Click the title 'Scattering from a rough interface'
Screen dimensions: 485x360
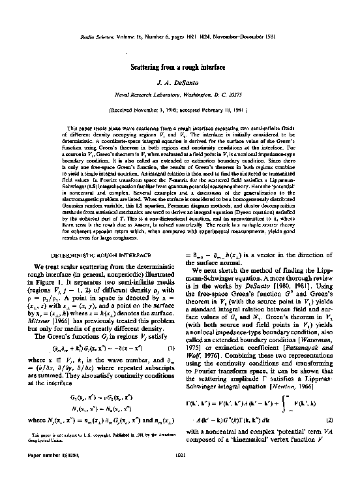tap(179, 67)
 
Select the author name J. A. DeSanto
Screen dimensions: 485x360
tap(179, 84)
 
